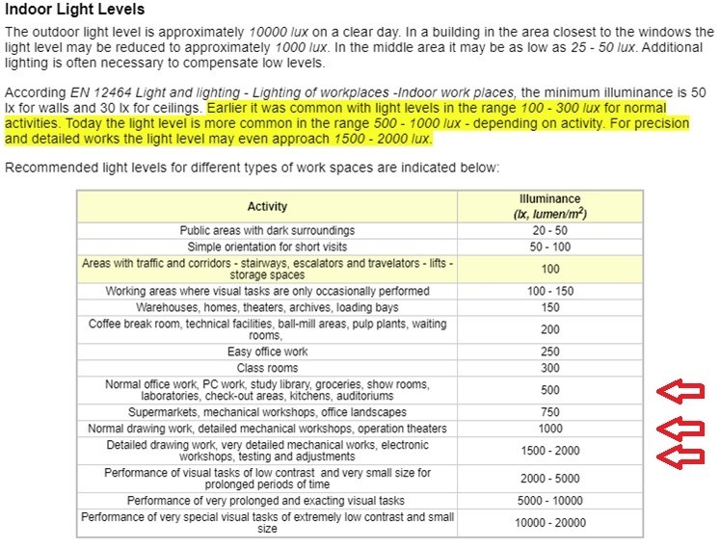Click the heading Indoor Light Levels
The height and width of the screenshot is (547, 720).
[74, 10]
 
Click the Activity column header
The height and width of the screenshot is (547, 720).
[267, 207]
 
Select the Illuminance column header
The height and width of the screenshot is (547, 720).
[550, 206]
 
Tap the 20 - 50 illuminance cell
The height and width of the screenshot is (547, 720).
[550, 231]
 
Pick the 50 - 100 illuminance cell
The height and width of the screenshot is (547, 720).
[550, 247]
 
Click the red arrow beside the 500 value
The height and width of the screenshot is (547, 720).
[680, 391]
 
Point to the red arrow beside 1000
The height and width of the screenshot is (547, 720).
[680, 429]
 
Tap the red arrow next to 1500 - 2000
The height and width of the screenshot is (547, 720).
[680, 454]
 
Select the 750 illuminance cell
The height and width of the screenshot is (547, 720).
[550, 412]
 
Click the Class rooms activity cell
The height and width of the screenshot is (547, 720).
[267, 368]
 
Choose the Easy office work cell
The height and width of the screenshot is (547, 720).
[267, 352]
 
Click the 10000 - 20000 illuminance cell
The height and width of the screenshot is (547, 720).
[550, 523]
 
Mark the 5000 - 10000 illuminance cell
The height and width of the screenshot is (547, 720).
[550, 501]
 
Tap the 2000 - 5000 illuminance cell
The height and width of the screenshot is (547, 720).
[550, 479]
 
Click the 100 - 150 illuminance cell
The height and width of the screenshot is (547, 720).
[550, 291]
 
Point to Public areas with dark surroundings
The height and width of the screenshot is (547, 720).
[267, 231]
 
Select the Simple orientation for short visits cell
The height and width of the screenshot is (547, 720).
[267, 247]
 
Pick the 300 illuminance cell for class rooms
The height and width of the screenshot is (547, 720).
[550, 368]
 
